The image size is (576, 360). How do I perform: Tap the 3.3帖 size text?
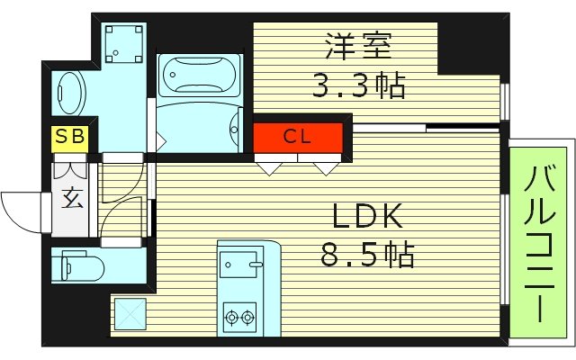coord(359,85)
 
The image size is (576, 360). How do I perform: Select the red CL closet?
coord(298,138)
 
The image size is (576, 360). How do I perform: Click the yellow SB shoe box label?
coord(68,138)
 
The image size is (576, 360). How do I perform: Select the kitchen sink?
coord(239,265)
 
